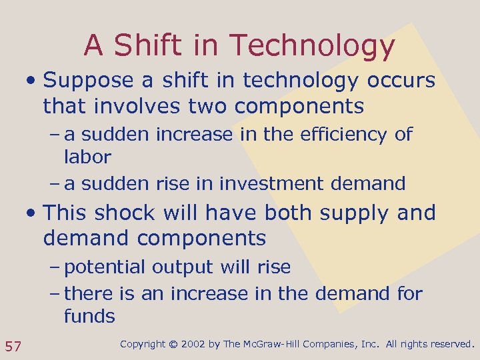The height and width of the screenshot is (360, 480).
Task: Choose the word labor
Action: click(x=87, y=157)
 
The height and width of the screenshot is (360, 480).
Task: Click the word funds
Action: click(x=89, y=316)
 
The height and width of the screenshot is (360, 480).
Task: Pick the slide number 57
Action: click(x=13, y=345)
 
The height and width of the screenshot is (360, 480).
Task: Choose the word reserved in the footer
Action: click(x=450, y=345)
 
